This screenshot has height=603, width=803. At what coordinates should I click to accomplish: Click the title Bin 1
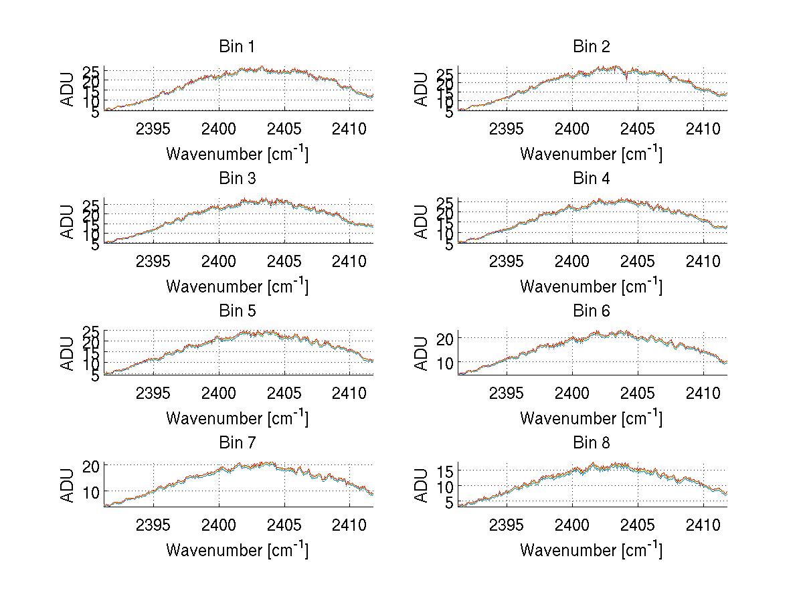[x=236, y=47]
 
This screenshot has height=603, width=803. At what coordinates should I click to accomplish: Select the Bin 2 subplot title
[x=591, y=47]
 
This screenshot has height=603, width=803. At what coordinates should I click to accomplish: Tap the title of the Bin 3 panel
[x=236, y=179]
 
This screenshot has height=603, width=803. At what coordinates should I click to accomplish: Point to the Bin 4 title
[x=591, y=179]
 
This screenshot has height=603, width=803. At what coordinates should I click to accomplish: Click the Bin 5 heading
[x=236, y=311]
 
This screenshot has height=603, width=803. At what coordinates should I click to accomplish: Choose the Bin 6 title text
[x=591, y=311]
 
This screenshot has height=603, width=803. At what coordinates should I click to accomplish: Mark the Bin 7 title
[x=236, y=443]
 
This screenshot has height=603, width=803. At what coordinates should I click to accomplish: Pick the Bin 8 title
[x=591, y=443]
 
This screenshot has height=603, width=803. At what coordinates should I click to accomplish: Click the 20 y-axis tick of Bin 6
[x=447, y=338]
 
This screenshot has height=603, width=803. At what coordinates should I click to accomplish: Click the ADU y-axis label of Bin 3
[x=68, y=222]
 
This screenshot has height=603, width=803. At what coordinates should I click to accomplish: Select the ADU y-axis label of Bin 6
[x=422, y=353]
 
